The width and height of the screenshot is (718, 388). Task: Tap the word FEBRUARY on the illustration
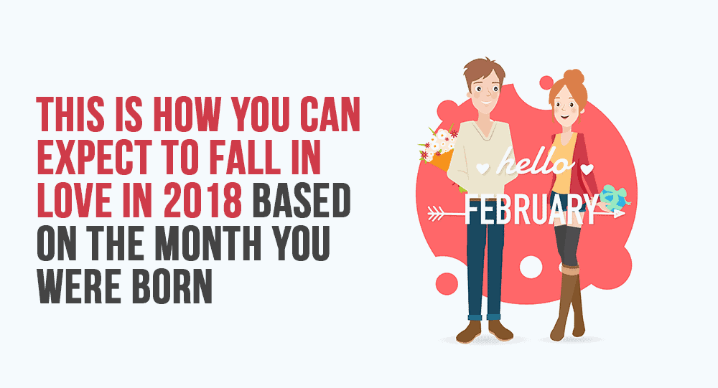pyautogui.click(x=531, y=209)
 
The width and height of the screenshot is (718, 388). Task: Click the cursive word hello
pyautogui.click(x=536, y=161)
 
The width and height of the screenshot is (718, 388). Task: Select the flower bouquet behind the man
pyautogui.click(x=437, y=148)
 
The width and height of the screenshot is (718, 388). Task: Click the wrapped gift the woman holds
pyautogui.click(x=614, y=198)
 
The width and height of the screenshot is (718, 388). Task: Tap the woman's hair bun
pyautogui.click(x=573, y=77)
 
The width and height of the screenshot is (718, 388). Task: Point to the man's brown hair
pyautogui.click(x=483, y=71)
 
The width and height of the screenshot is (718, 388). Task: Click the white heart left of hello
pyautogui.click(x=482, y=168)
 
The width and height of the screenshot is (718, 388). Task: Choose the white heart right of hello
pyautogui.click(x=587, y=169)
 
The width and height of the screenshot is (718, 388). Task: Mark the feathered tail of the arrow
pyautogui.click(x=436, y=213)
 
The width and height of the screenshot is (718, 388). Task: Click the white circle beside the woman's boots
pyautogui.click(x=531, y=268)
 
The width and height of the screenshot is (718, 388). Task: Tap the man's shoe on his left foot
pyautogui.click(x=500, y=330)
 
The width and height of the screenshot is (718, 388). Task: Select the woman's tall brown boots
pyautogui.click(x=568, y=302)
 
